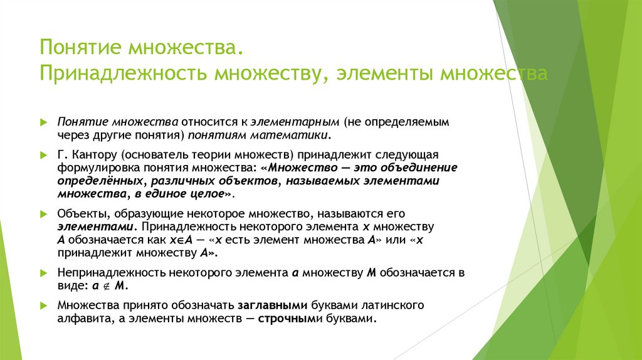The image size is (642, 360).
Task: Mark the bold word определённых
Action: point(99,181)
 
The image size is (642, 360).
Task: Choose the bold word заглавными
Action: point(271,305)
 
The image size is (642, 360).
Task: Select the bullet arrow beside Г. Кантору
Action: point(43,154)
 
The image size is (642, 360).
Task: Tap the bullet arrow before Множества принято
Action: point(43,305)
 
